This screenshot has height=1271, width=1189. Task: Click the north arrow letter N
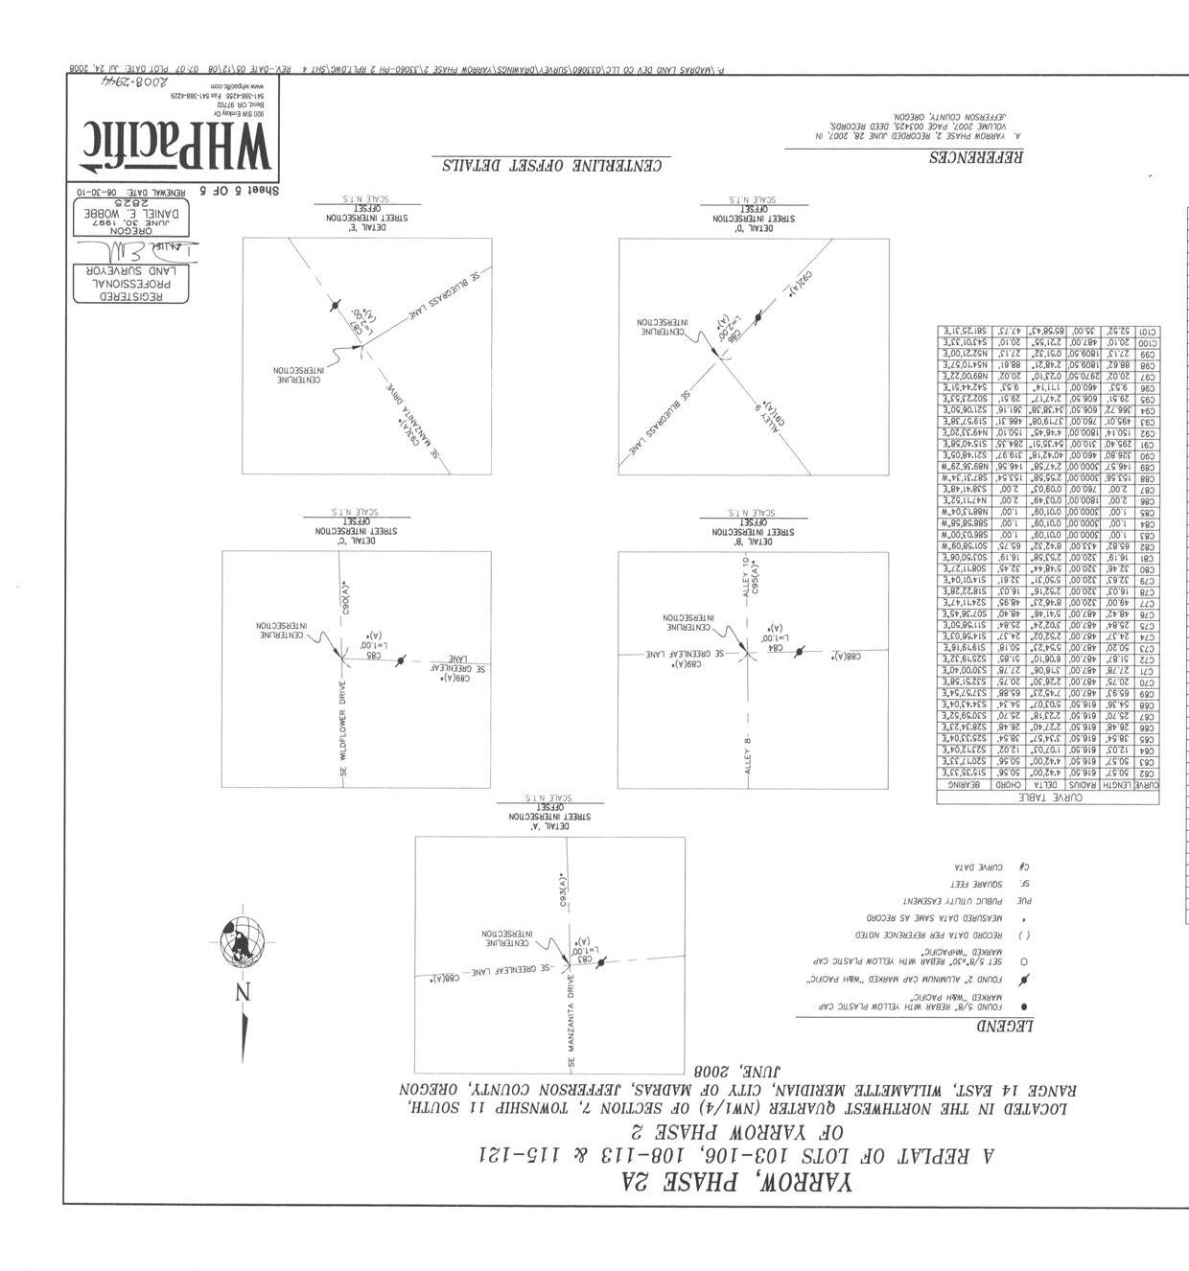(x=244, y=992)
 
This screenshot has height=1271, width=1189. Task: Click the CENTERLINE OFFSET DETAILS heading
(x=552, y=165)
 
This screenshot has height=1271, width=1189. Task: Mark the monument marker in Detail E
(x=335, y=305)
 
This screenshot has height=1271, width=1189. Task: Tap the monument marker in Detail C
(x=399, y=661)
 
